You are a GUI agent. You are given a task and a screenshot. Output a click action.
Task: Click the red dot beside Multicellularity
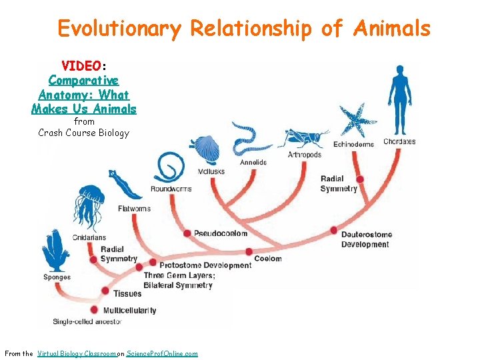coord(94,310)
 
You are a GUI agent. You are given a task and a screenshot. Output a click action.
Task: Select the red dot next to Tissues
coord(105,291)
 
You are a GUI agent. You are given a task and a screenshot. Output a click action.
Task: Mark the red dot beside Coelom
coord(249,252)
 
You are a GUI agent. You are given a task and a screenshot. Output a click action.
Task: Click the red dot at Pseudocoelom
coord(187,233)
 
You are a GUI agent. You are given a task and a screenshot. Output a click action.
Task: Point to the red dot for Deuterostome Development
coord(334,230)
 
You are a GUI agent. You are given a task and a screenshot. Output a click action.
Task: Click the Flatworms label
coord(134,209)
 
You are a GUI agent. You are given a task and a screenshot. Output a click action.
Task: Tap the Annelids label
coord(253,162)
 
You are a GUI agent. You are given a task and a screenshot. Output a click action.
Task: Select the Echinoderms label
coord(354,143)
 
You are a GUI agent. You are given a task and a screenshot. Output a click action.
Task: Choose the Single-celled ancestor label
coord(87,322)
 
